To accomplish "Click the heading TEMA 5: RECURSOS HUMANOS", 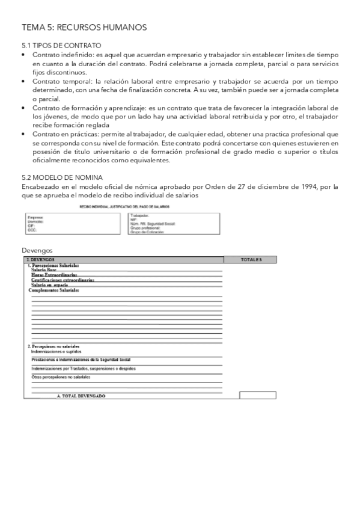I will (84, 28).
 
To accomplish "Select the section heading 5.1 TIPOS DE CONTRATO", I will (61, 46).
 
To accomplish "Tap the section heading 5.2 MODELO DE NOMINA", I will (62, 177).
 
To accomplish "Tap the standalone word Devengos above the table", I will (37, 250).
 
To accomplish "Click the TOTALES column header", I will (251, 260).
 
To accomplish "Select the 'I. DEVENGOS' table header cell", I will (41, 260).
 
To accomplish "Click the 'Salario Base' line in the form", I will (44, 270).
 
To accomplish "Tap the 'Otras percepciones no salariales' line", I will (61, 377).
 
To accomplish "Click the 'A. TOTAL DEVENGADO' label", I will (81, 396).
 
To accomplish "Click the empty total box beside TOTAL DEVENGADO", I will (257, 395).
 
